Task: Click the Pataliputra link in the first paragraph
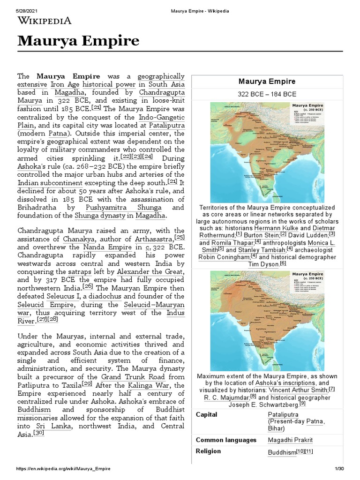tap(166, 125)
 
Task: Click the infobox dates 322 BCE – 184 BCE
tap(267, 94)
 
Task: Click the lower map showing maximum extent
tap(267, 320)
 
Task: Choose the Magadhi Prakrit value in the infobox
tap(290, 440)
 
